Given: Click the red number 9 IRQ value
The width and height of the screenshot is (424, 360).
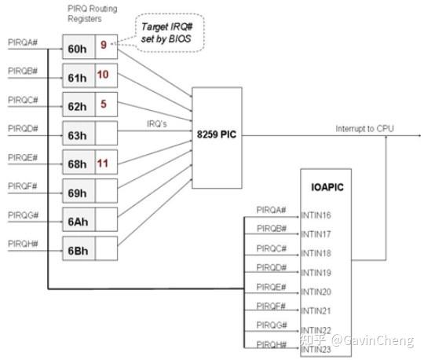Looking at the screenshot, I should click(103, 46).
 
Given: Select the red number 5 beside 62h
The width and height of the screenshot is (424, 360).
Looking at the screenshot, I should click(103, 103).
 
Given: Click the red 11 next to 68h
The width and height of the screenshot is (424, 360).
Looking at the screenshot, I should click(104, 162).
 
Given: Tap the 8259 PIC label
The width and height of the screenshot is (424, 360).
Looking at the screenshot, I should click(217, 135).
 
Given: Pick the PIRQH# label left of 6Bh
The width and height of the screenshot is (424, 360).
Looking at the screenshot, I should click(23, 242).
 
